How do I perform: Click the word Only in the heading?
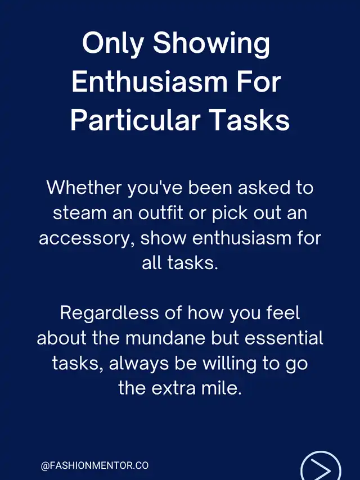(x=112, y=43)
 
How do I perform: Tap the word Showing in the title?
(x=211, y=43)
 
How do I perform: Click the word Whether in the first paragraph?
(x=84, y=187)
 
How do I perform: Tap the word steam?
(x=79, y=213)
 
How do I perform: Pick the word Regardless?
(x=109, y=314)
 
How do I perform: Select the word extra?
(x=173, y=388)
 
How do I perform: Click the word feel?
(x=283, y=313)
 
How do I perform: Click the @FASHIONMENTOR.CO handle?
(x=94, y=465)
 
